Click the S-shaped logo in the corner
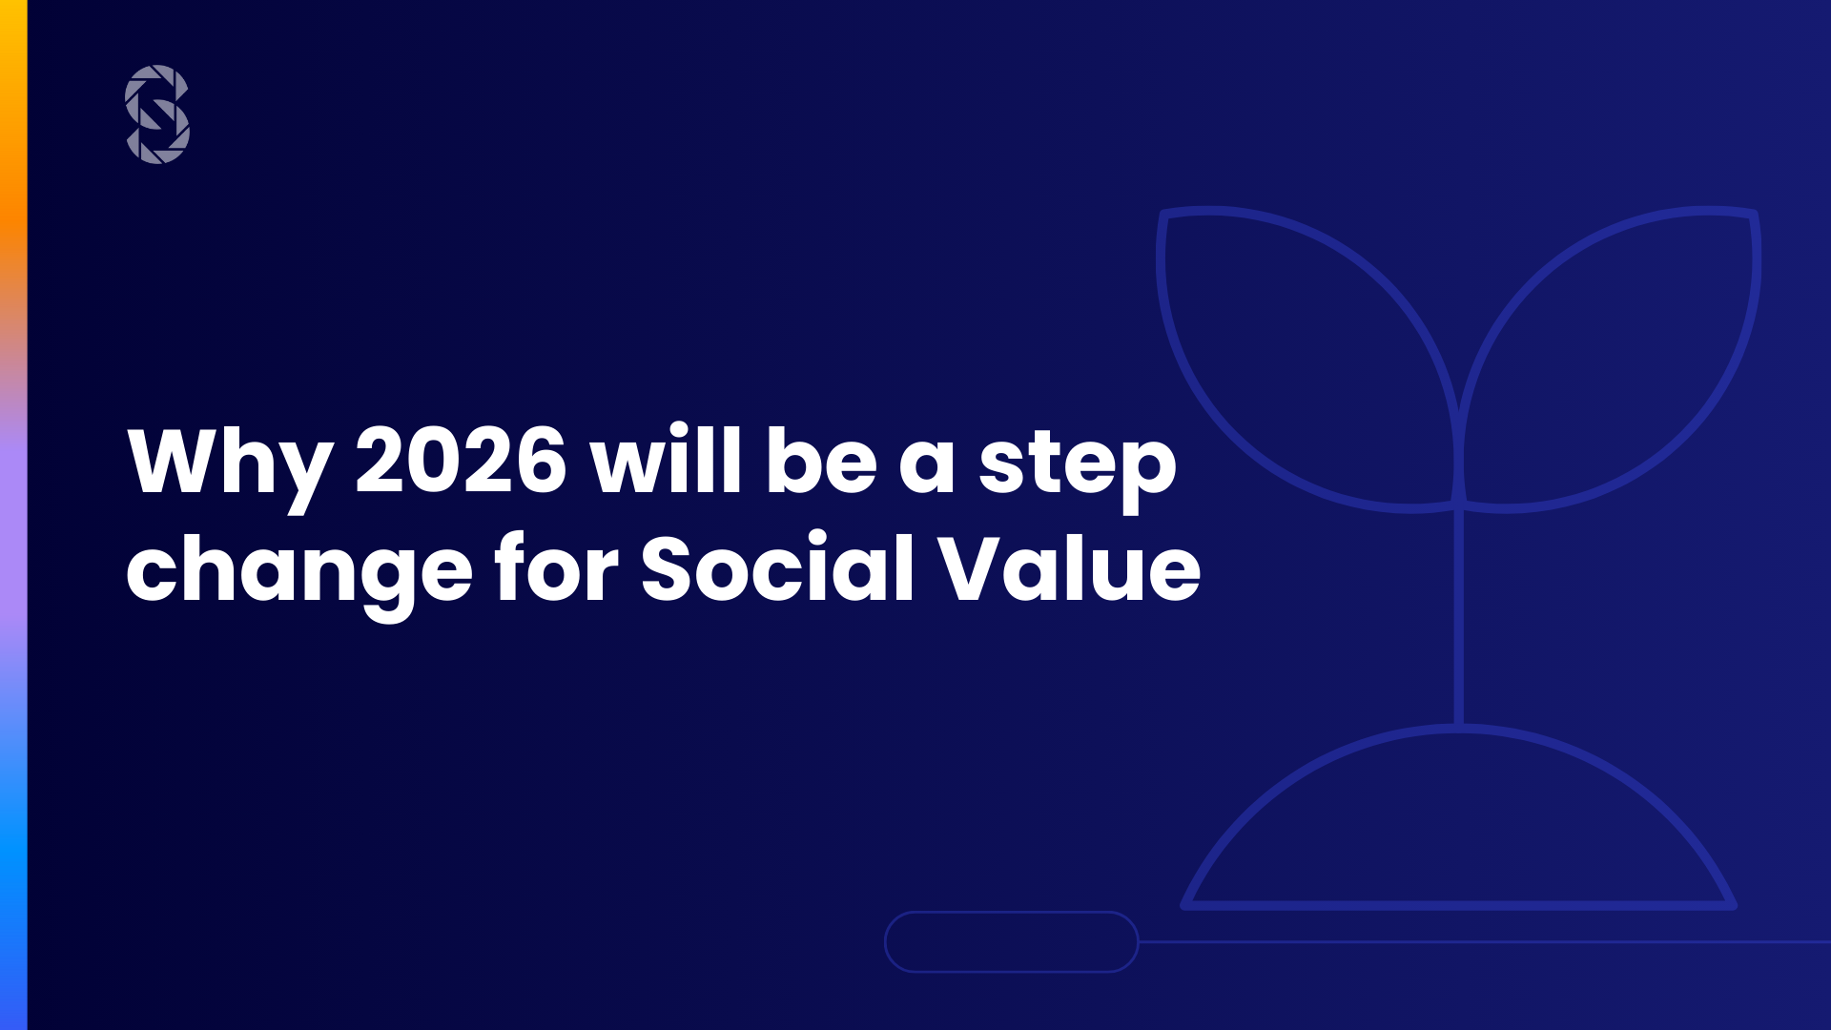157,114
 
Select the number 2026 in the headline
462,461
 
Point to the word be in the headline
821,460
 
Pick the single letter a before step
927,467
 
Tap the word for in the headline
557,567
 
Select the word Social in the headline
777,567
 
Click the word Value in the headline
1069,567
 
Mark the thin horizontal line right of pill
1485,942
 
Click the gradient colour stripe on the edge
13,515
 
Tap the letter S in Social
673,568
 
